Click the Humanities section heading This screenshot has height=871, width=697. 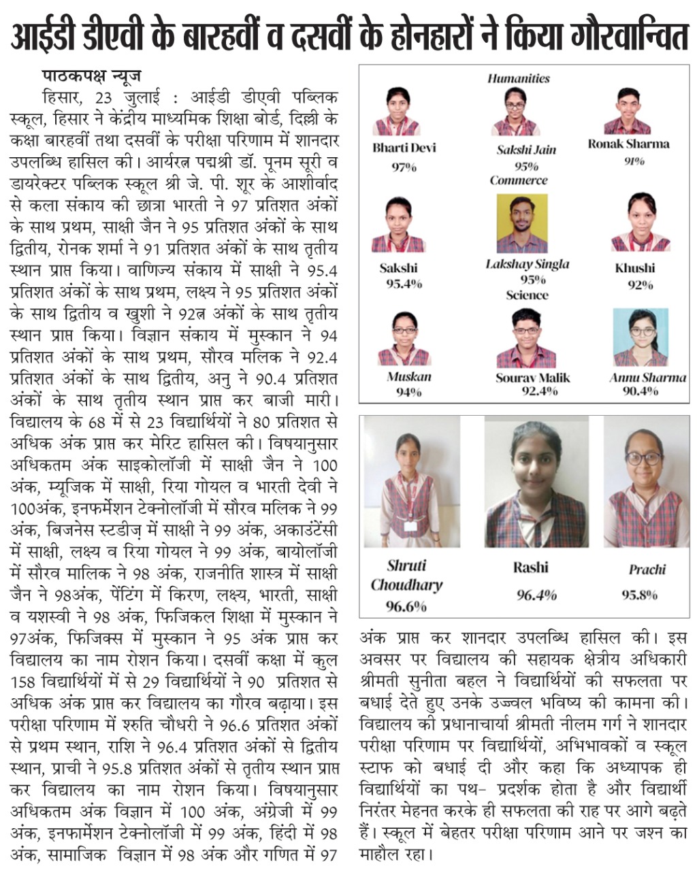518,78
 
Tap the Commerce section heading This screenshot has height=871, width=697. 518,180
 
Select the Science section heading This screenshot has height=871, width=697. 527,295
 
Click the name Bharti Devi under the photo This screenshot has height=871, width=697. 404,148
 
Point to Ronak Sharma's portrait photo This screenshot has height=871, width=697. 627,112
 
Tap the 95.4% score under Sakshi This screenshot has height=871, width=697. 404,283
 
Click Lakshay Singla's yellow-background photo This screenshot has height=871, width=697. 522,224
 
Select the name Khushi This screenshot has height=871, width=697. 634,267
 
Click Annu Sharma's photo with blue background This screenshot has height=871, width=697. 640,338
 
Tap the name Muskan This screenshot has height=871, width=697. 409,376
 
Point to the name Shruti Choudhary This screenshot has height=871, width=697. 406,575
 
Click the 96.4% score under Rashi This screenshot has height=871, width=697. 536,595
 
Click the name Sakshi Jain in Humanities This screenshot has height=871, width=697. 525,150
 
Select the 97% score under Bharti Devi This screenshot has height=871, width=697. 404,167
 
